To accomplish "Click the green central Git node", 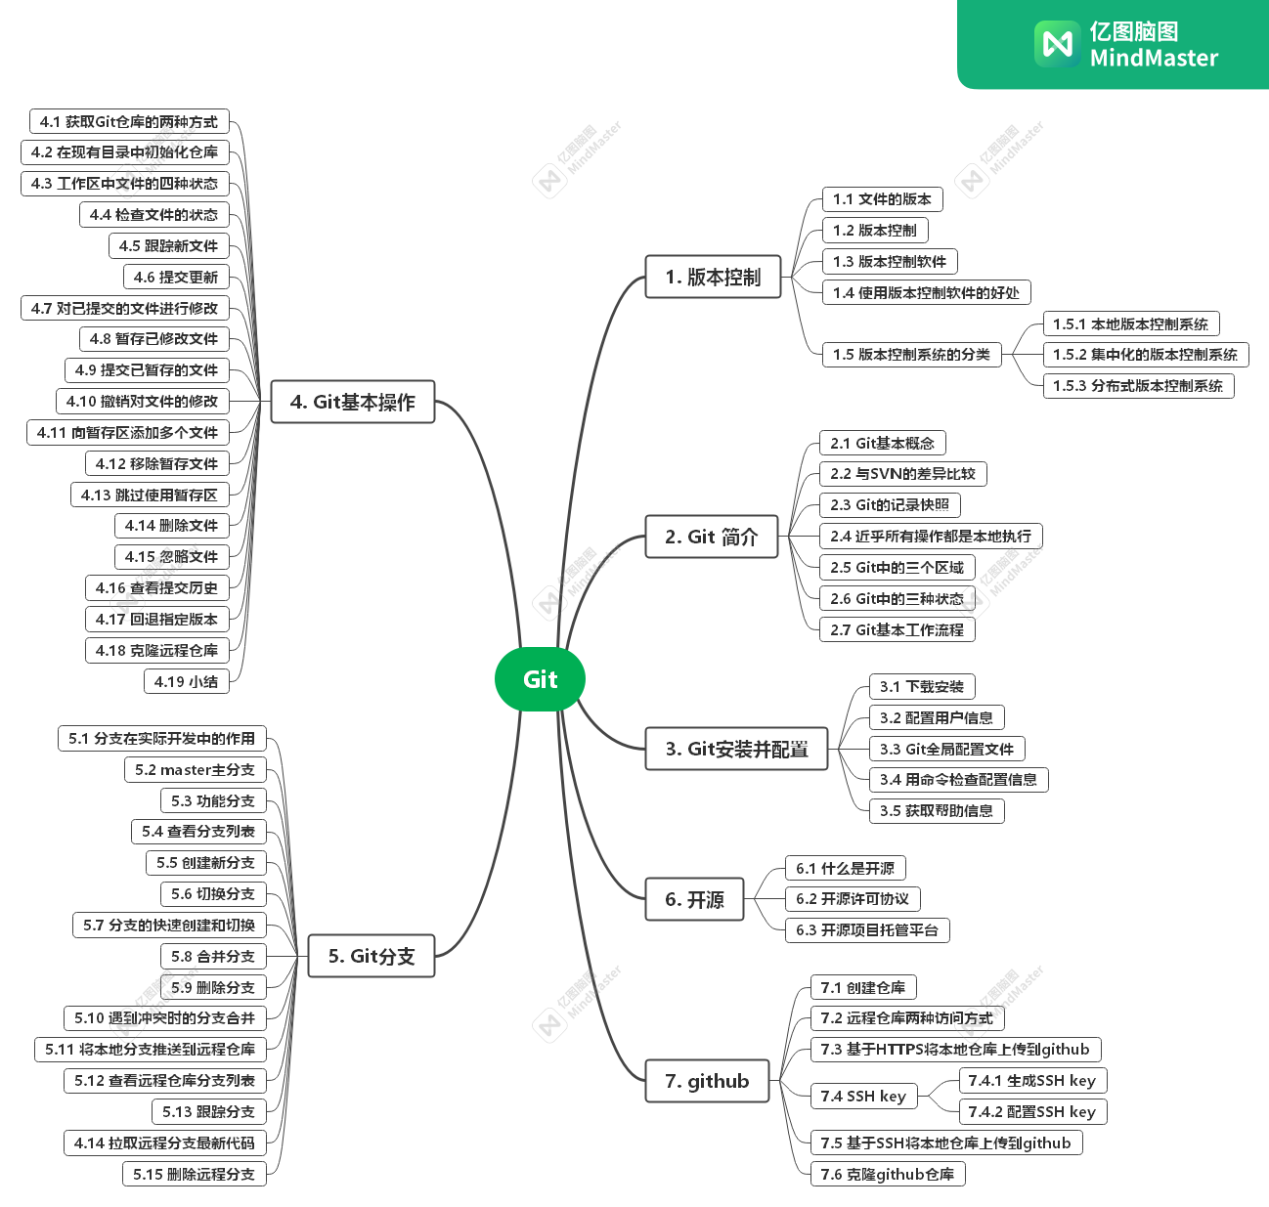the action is [x=540, y=679].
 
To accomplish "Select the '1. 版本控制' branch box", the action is [x=713, y=278].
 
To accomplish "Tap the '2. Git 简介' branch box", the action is [x=711, y=537].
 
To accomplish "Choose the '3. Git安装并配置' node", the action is [x=736, y=750].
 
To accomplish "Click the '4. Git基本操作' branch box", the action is [x=352, y=402].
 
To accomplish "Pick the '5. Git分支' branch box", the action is [x=372, y=956].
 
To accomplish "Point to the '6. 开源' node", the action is [x=694, y=899].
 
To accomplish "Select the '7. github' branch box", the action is [x=707, y=1081].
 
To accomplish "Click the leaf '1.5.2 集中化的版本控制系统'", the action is [x=1145, y=355].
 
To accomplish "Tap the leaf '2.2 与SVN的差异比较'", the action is [x=902, y=474].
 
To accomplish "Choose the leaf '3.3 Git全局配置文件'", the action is [x=946, y=750].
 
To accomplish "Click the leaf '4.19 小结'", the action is [x=186, y=681].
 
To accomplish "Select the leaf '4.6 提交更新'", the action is [x=176, y=278].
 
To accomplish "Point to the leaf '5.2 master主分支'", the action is [x=195, y=770].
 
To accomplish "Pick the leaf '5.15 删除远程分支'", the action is [x=194, y=1174].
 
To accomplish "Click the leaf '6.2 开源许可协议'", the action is [x=852, y=899].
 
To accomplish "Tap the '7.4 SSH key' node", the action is [x=863, y=1097].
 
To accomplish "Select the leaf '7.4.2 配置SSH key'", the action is [x=1031, y=1112].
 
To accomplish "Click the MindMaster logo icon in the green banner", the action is [x=1057, y=44].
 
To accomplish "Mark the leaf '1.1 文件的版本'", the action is [x=882, y=199].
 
